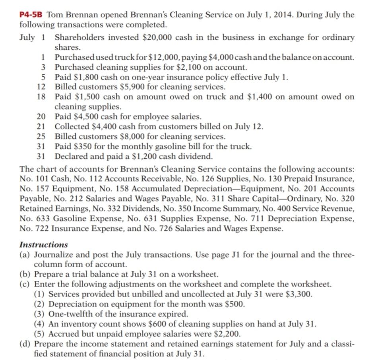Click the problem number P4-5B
[32, 15]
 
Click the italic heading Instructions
[44, 245]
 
